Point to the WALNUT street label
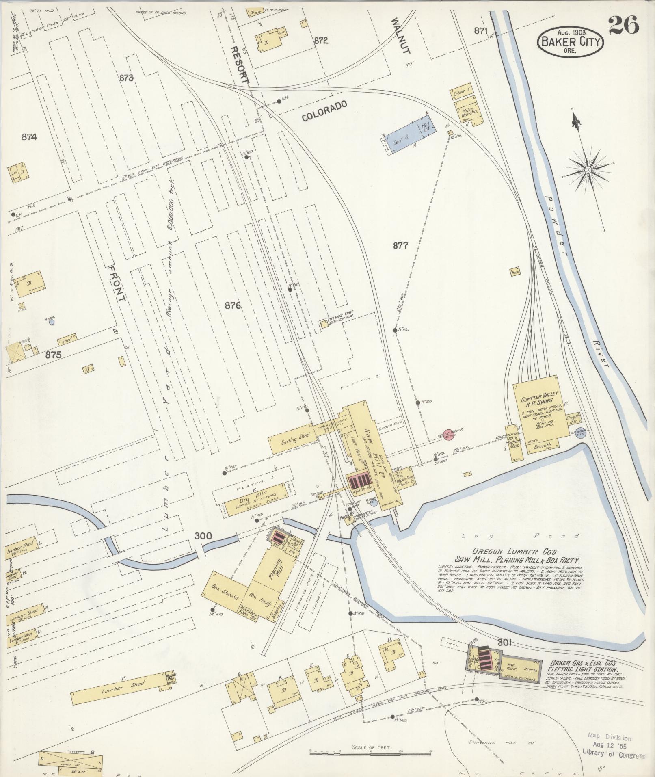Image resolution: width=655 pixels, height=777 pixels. coord(402,41)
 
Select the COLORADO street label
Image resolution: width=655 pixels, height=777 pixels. coord(324,111)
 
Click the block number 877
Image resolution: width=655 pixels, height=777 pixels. coord(400,245)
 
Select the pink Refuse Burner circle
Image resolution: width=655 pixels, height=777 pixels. coord(447,434)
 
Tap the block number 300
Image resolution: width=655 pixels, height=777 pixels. coord(203,536)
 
